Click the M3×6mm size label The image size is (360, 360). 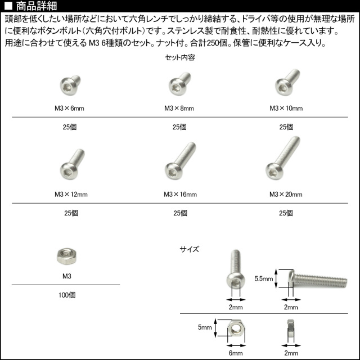point(69,108)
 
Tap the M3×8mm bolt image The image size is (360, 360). point(179,84)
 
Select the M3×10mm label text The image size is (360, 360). point(286,108)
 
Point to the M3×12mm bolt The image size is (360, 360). point(73,164)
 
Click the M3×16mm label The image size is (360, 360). point(180,195)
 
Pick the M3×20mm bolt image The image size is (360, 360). point(283,158)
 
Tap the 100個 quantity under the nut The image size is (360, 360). point(67,295)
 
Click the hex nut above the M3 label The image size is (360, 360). point(66,256)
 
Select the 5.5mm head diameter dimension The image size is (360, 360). point(264,279)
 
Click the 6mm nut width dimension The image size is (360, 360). point(236,353)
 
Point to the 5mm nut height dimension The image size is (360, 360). point(205,327)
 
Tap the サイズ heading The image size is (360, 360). point(190,249)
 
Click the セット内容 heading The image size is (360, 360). point(180,57)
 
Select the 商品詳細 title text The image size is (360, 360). point(37,6)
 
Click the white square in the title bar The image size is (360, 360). point(8,6)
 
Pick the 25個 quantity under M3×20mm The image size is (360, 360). point(286,213)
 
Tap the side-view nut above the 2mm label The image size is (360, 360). point(291,330)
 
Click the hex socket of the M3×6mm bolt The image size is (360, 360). point(67,88)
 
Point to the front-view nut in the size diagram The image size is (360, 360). point(236,330)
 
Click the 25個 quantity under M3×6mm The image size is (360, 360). point(70,127)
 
